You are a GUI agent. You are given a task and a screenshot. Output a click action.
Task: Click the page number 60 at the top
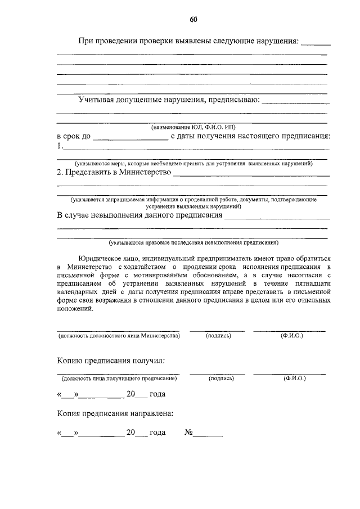(193, 20)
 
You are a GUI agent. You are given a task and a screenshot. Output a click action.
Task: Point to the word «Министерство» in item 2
(145, 172)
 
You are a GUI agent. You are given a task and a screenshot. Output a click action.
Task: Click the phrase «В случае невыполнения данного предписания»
(139, 215)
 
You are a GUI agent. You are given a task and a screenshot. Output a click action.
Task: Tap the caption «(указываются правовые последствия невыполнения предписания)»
(193, 243)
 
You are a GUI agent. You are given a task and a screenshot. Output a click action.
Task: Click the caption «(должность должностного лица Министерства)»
(119, 335)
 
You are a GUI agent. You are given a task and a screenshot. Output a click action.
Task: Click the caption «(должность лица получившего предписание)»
(119, 379)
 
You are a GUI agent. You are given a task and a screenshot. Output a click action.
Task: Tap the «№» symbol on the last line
(189, 433)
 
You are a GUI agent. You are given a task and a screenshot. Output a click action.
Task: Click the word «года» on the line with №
(157, 433)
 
